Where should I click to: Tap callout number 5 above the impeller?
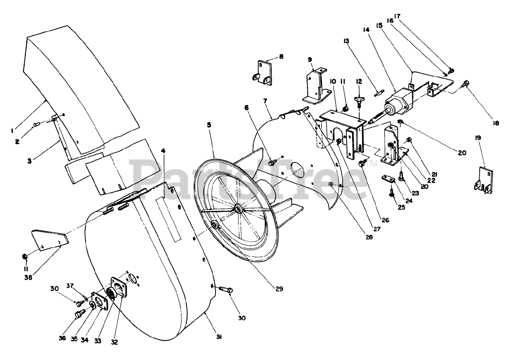click(209, 124)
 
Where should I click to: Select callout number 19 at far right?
click(478, 138)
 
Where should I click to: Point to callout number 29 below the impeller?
click(280, 289)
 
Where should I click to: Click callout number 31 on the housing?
click(219, 337)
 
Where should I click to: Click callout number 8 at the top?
click(281, 57)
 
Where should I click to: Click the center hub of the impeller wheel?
click(238, 209)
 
